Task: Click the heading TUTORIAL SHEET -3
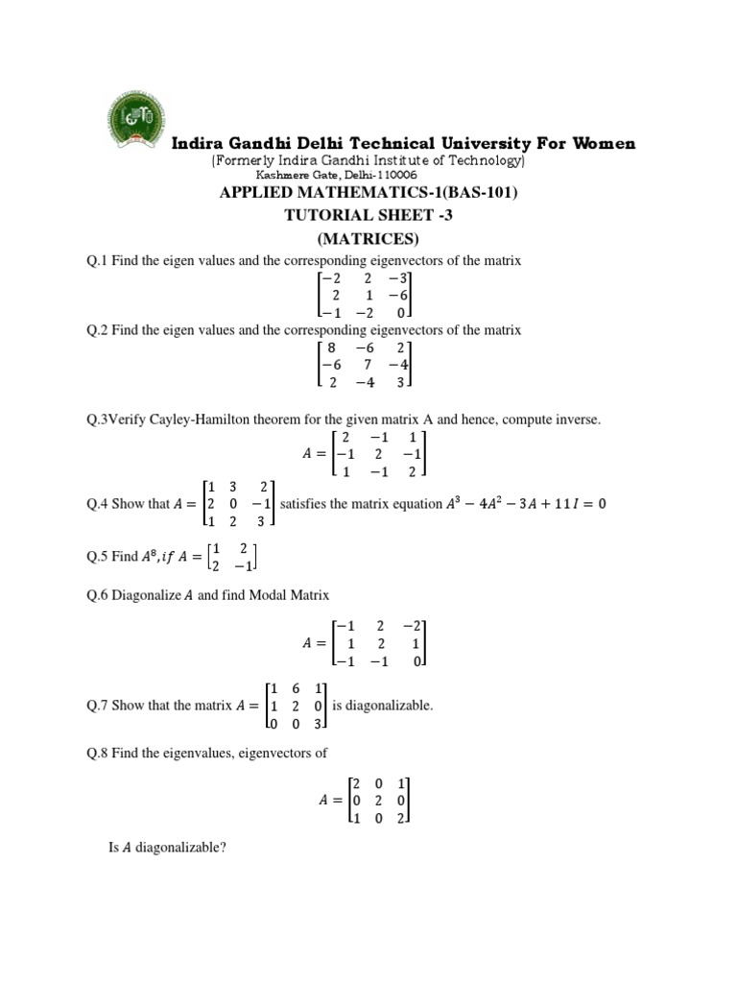(x=368, y=216)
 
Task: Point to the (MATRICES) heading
(x=368, y=238)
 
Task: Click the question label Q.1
(x=97, y=262)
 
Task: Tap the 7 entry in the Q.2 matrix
(x=368, y=365)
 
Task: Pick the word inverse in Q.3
(x=578, y=420)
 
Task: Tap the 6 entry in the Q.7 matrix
(x=297, y=688)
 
